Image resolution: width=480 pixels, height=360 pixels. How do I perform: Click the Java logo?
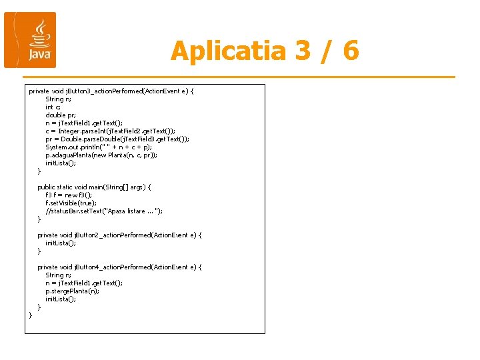click(x=30, y=40)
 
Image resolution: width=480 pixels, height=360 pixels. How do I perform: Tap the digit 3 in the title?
click(x=283, y=51)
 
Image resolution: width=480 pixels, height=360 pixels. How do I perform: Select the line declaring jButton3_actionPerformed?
click(x=111, y=91)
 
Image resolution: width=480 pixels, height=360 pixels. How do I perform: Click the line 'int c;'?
click(x=53, y=107)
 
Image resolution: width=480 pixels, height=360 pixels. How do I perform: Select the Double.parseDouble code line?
click(x=117, y=139)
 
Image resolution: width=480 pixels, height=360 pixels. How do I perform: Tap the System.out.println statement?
click(x=99, y=147)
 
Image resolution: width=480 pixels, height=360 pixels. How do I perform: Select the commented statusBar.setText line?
click(x=104, y=211)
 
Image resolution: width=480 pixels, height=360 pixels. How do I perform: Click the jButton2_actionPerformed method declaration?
click(x=119, y=235)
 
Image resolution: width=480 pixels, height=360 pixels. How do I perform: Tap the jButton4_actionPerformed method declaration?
click(x=119, y=267)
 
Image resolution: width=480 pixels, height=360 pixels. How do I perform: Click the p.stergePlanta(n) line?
click(x=72, y=291)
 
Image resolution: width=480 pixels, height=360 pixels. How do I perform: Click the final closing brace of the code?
click(x=31, y=315)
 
